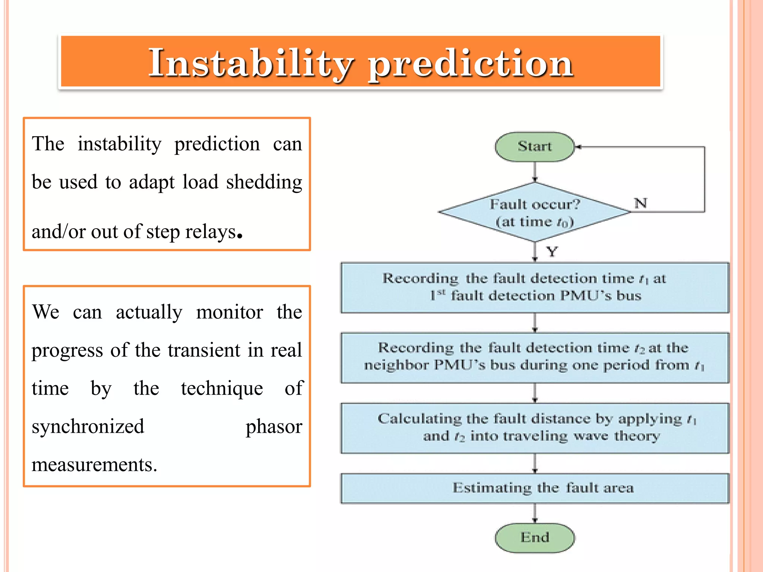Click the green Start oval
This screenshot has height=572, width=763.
tap(535, 147)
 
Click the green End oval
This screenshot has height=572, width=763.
tap(535, 537)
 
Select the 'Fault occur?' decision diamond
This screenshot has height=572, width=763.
tap(535, 212)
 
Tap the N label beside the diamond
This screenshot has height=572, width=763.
tap(640, 203)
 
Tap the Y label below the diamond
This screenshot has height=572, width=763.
tap(552, 252)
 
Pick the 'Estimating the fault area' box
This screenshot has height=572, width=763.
tap(535, 488)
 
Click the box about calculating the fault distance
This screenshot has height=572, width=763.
tap(535, 428)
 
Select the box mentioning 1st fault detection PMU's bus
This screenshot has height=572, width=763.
tap(535, 287)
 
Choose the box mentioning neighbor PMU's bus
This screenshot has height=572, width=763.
tap(535, 357)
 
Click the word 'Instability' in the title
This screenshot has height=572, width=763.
tap(251, 63)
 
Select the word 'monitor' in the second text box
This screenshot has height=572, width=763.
tap(229, 312)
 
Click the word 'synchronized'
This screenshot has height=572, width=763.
tap(88, 427)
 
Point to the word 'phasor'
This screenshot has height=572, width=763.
tap(274, 427)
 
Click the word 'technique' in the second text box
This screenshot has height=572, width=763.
tap(222, 388)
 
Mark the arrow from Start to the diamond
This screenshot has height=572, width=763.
tap(535, 172)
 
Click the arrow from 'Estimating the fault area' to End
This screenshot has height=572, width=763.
tap(535, 513)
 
